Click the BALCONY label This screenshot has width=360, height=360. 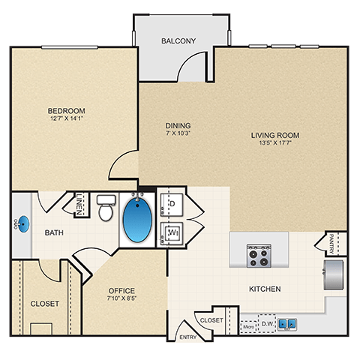coord(178,40)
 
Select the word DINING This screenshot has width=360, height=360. coord(178,125)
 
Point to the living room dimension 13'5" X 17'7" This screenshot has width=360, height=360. coord(275,145)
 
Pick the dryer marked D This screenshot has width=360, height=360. coord(171,203)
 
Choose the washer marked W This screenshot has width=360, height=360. coord(171,232)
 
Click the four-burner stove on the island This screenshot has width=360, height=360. coord(259,256)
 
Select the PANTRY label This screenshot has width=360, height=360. coord(331,244)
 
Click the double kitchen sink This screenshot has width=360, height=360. coord(286,325)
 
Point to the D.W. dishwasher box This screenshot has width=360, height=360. coord(265,325)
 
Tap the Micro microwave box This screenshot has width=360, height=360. coord(248,325)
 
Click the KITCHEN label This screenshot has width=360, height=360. coord(265,289)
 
